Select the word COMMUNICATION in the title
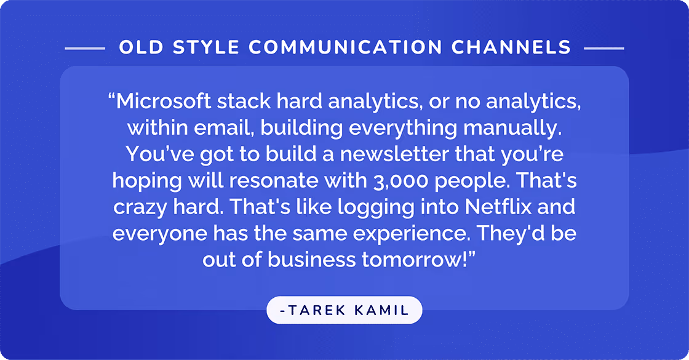(347, 47)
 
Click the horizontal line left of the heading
(85, 47)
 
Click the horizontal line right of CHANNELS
(603, 47)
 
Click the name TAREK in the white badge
(316, 310)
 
